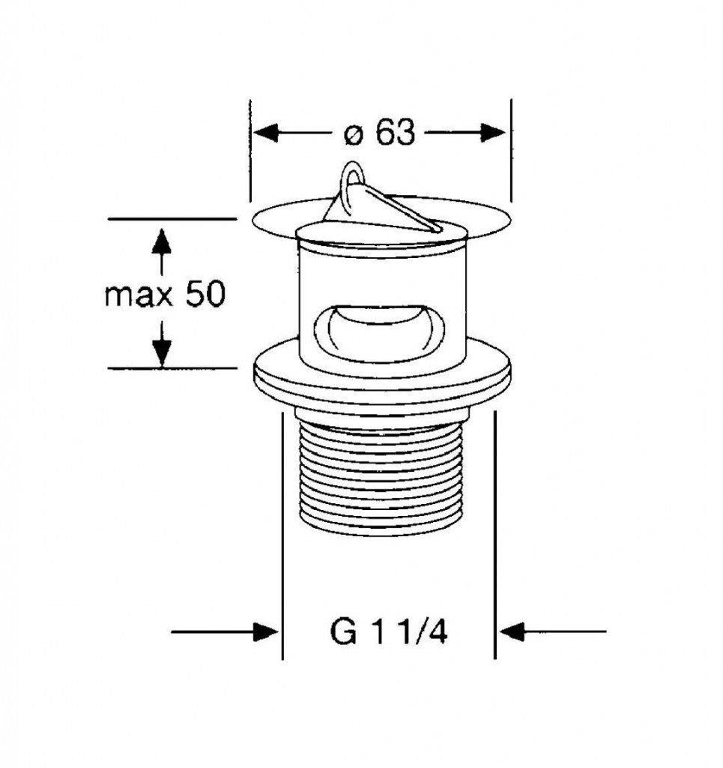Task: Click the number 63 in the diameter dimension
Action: coord(396,132)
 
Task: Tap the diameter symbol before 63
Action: coord(354,134)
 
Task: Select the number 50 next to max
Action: coord(205,294)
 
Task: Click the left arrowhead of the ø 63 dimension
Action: coord(266,133)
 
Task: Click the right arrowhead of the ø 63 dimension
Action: coord(492,132)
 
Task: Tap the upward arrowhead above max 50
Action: coord(161,241)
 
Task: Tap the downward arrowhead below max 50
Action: coord(161,353)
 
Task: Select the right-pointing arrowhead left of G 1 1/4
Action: coord(264,631)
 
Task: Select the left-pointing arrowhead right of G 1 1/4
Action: coord(512,631)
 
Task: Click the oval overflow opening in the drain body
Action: coord(380,332)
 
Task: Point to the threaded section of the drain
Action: coord(380,478)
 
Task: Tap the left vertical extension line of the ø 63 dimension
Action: coord(250,150)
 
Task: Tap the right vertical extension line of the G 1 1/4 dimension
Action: coord(495,535)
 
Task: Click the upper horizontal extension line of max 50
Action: coord(172,219)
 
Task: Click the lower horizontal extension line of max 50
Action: coord(172,367)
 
